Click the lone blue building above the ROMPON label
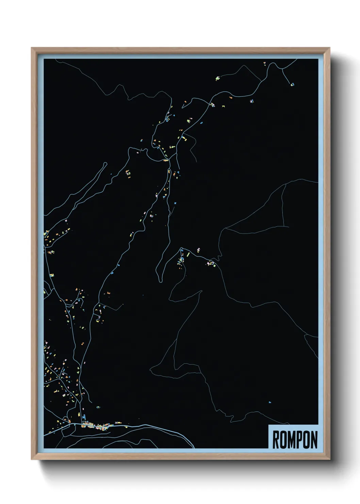click(270, 402)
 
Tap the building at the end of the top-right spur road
click(292, 83)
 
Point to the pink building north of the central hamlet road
click(199, 250)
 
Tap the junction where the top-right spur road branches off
click(282, 68)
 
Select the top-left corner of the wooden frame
click(32, 48)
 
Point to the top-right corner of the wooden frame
click(329, 48)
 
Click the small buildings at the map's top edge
click(264, 63)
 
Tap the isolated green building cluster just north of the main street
click(98, 407)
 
